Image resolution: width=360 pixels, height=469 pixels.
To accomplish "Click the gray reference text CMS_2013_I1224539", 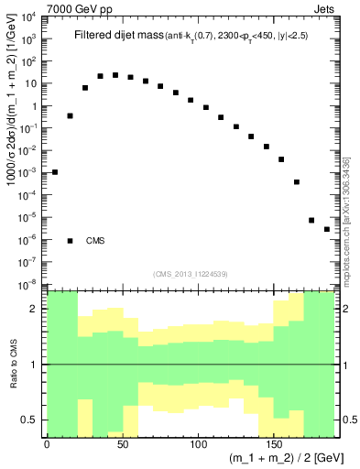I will tap(191, 273).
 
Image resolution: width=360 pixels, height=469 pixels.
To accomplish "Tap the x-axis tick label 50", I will tap(123, 443).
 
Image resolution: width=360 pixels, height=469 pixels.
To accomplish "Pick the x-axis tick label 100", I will tap(199, 443).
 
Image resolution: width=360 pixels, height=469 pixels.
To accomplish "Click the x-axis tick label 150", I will tap(275, 443).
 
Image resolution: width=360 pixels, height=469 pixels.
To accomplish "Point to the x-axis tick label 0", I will tap(47, 443).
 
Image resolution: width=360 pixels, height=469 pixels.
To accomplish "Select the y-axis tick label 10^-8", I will tap(29, 284).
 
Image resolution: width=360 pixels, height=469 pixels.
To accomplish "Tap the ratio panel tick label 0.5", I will tap(30, 420).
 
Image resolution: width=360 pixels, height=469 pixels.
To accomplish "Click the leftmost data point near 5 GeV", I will tap(55, 171).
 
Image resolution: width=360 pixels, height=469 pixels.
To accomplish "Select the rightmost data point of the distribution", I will tap(327, 229).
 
